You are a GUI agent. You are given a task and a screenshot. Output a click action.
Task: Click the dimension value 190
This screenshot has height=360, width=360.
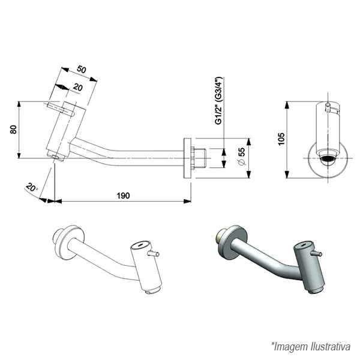123,196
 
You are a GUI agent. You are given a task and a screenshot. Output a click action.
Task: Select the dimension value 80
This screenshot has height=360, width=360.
13,130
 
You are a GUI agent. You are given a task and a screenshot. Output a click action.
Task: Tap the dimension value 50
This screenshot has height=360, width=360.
82,69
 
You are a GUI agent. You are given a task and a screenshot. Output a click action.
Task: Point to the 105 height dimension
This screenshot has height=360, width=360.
281,139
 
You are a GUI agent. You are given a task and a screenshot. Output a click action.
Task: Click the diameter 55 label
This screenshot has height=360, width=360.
242,157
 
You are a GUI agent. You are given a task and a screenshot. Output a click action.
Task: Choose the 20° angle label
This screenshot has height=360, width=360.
32,187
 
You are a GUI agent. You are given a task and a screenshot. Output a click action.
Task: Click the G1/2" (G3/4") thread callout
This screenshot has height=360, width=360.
219,101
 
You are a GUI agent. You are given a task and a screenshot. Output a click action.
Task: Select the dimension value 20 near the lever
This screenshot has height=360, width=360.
77,88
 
